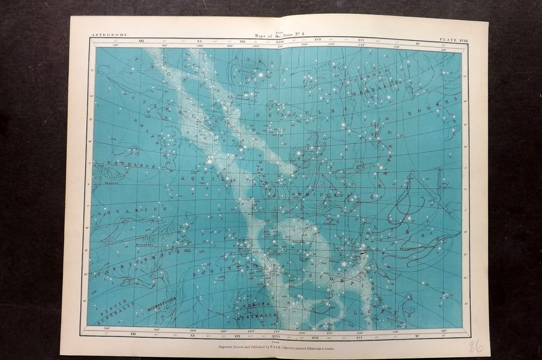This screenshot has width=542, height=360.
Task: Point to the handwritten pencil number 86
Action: [x=475, y=346]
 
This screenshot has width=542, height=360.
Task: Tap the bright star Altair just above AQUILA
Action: [x=210, y=161]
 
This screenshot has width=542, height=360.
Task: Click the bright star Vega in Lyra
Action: [x=260, y=75]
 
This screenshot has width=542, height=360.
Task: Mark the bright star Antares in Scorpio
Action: [x=314, y=228]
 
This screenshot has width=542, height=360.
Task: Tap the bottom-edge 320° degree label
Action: [x=107, y=328]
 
